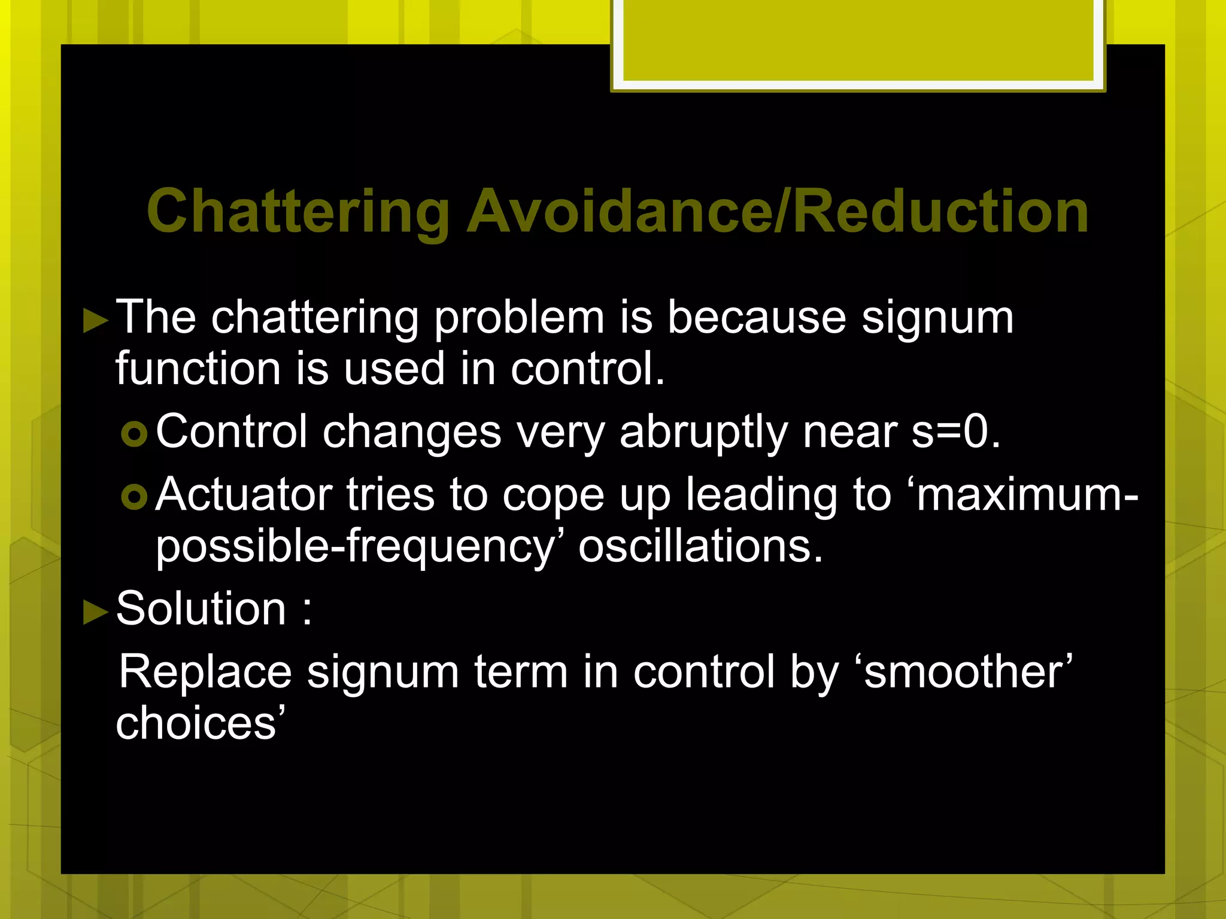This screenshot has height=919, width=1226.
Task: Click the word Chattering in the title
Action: click(298, 212)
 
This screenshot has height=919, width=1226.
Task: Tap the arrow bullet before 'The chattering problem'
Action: click(95, 320)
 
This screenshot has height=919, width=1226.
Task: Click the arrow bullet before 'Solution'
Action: click(95, 612)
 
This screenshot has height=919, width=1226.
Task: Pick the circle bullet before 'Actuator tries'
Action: click(134, 497)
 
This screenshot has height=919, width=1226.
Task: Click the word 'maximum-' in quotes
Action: click(1027, 495)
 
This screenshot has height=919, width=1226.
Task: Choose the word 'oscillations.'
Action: click(700, 546)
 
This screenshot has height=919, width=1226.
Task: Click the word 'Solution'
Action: click(201, 608)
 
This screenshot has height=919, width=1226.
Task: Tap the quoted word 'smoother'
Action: click(963, 672)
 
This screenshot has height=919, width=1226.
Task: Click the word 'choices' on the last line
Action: click(195, 723)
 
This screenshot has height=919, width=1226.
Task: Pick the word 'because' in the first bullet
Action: click(757, 317)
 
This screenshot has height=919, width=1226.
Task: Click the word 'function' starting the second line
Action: click(198, 369)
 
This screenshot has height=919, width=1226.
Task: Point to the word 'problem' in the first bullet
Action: click(519, 318)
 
